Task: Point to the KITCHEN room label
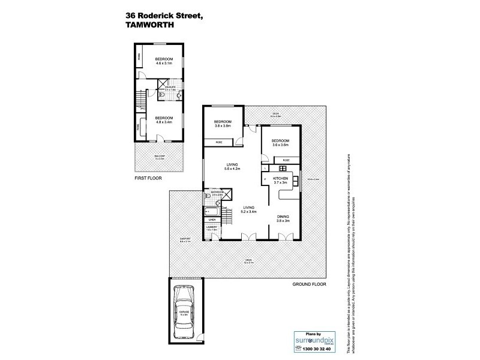coord(281,180)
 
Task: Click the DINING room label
coord(283,218)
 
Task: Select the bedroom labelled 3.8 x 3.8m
coord(223,125)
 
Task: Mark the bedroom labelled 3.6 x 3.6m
coord(281,143)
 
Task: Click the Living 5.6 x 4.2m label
coord(233,166)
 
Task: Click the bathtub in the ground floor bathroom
coord(212,211)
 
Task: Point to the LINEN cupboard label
coord(211,220)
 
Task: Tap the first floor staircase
coord(140,97)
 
